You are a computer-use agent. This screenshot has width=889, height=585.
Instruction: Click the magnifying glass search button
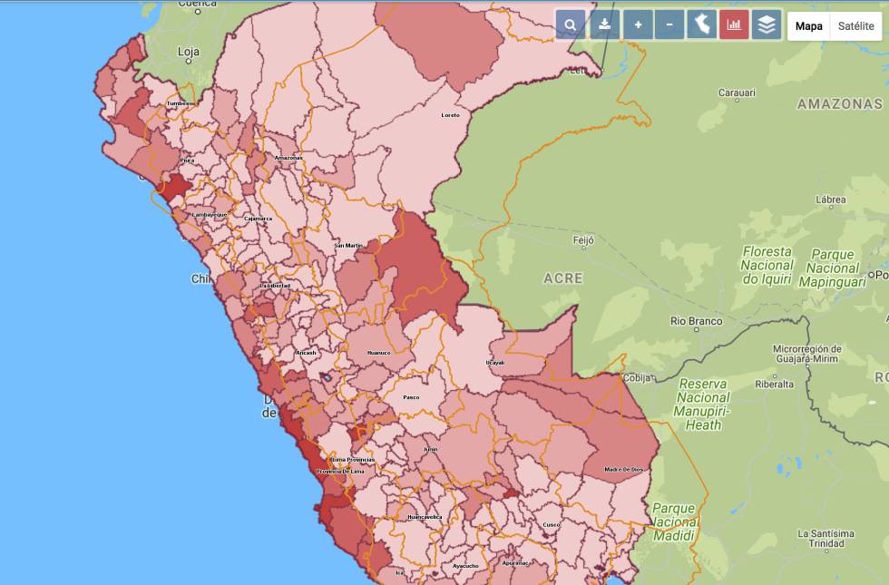pyautogui.click(x=571, y=25)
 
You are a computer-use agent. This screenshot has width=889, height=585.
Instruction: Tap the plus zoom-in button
pyautogui.click(x=638, y=25)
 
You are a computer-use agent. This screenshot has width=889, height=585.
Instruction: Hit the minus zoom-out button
pyautogui.click(x=669, y=25)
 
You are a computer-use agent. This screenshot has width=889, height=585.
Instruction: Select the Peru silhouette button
pyautogui.click(x=701, y=25)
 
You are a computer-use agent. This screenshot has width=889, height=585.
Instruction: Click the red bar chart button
pyautogui.click(x=734, y=25)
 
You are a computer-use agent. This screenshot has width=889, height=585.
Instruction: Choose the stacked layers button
pyautogui.click(x=767, y=25)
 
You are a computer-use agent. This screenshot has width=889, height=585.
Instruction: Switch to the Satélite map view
pyautogui.click(x=856, y=26)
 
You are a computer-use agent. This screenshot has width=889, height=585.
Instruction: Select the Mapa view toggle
pyautogui.click(x=809, y=26)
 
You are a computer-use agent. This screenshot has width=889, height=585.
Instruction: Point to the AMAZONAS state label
pyautogui.click(x=840, y=104)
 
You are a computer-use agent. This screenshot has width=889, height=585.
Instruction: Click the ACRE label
pyautogui.click(x=563, y=278)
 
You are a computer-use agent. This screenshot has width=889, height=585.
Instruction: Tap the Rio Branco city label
pyautogui.click(x=697, y=321)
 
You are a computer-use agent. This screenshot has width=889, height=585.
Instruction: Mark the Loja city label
pyautogui.click(x=189, y=53)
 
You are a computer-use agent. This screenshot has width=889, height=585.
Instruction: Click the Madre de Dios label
pyautogui.click(x=623, y=469)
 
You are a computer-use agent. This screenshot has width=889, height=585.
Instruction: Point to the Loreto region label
pyautogui.click(x=450, y=115)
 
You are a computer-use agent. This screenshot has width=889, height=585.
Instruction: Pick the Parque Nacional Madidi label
pyautogui.click(x=675, y=522)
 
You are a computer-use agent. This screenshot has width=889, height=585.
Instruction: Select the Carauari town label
pyautogui.click(x=737, y=93)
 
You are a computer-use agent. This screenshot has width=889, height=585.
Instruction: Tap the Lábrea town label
pyautogui.click(x=831, y=200)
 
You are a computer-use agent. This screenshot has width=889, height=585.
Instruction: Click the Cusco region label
pyautogui.click(x=552, y=525)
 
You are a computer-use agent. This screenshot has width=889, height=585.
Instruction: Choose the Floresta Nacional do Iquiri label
pyautogui.click(x=767, y=265)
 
